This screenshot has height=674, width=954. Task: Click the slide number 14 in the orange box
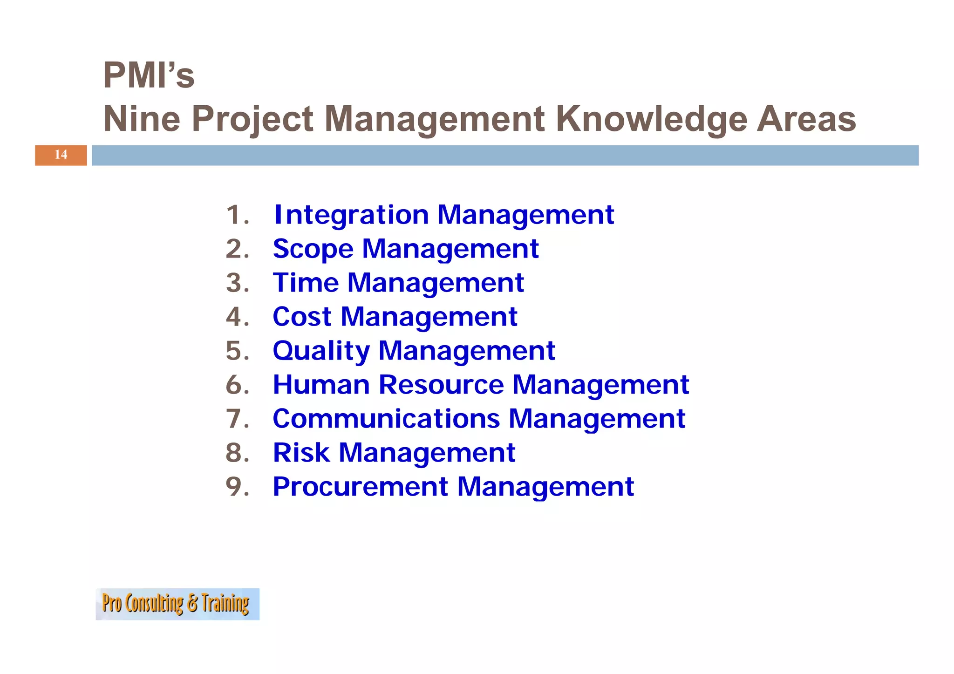click(61, 155)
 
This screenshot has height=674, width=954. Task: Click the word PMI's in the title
click(149, 75)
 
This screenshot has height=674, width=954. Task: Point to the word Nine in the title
click(142, 119)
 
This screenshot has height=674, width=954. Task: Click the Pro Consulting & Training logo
click(177, 604)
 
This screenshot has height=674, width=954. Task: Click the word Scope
click(313, 249)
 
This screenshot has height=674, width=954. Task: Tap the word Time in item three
click(306, 283)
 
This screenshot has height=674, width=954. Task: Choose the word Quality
click(321, 351)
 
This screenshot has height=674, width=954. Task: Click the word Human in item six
click(321, 385)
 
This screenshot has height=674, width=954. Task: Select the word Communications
click(386, 419)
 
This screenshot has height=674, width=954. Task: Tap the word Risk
click(301, 453)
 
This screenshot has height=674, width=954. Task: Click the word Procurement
click(360, 487)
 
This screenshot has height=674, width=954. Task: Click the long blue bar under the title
click(505, 155)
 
